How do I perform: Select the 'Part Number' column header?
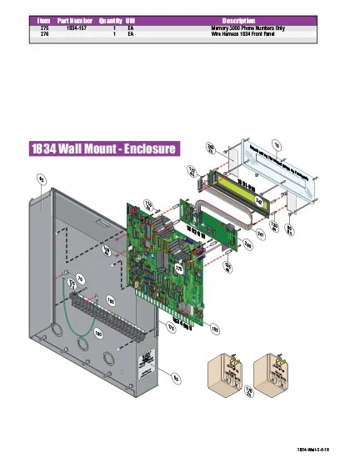[75, 20]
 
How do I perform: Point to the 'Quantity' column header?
[110, 20]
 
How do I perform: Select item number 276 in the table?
[44, 33]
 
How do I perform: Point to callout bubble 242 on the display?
[259, 202]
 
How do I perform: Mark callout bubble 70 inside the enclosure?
[80, 277]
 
